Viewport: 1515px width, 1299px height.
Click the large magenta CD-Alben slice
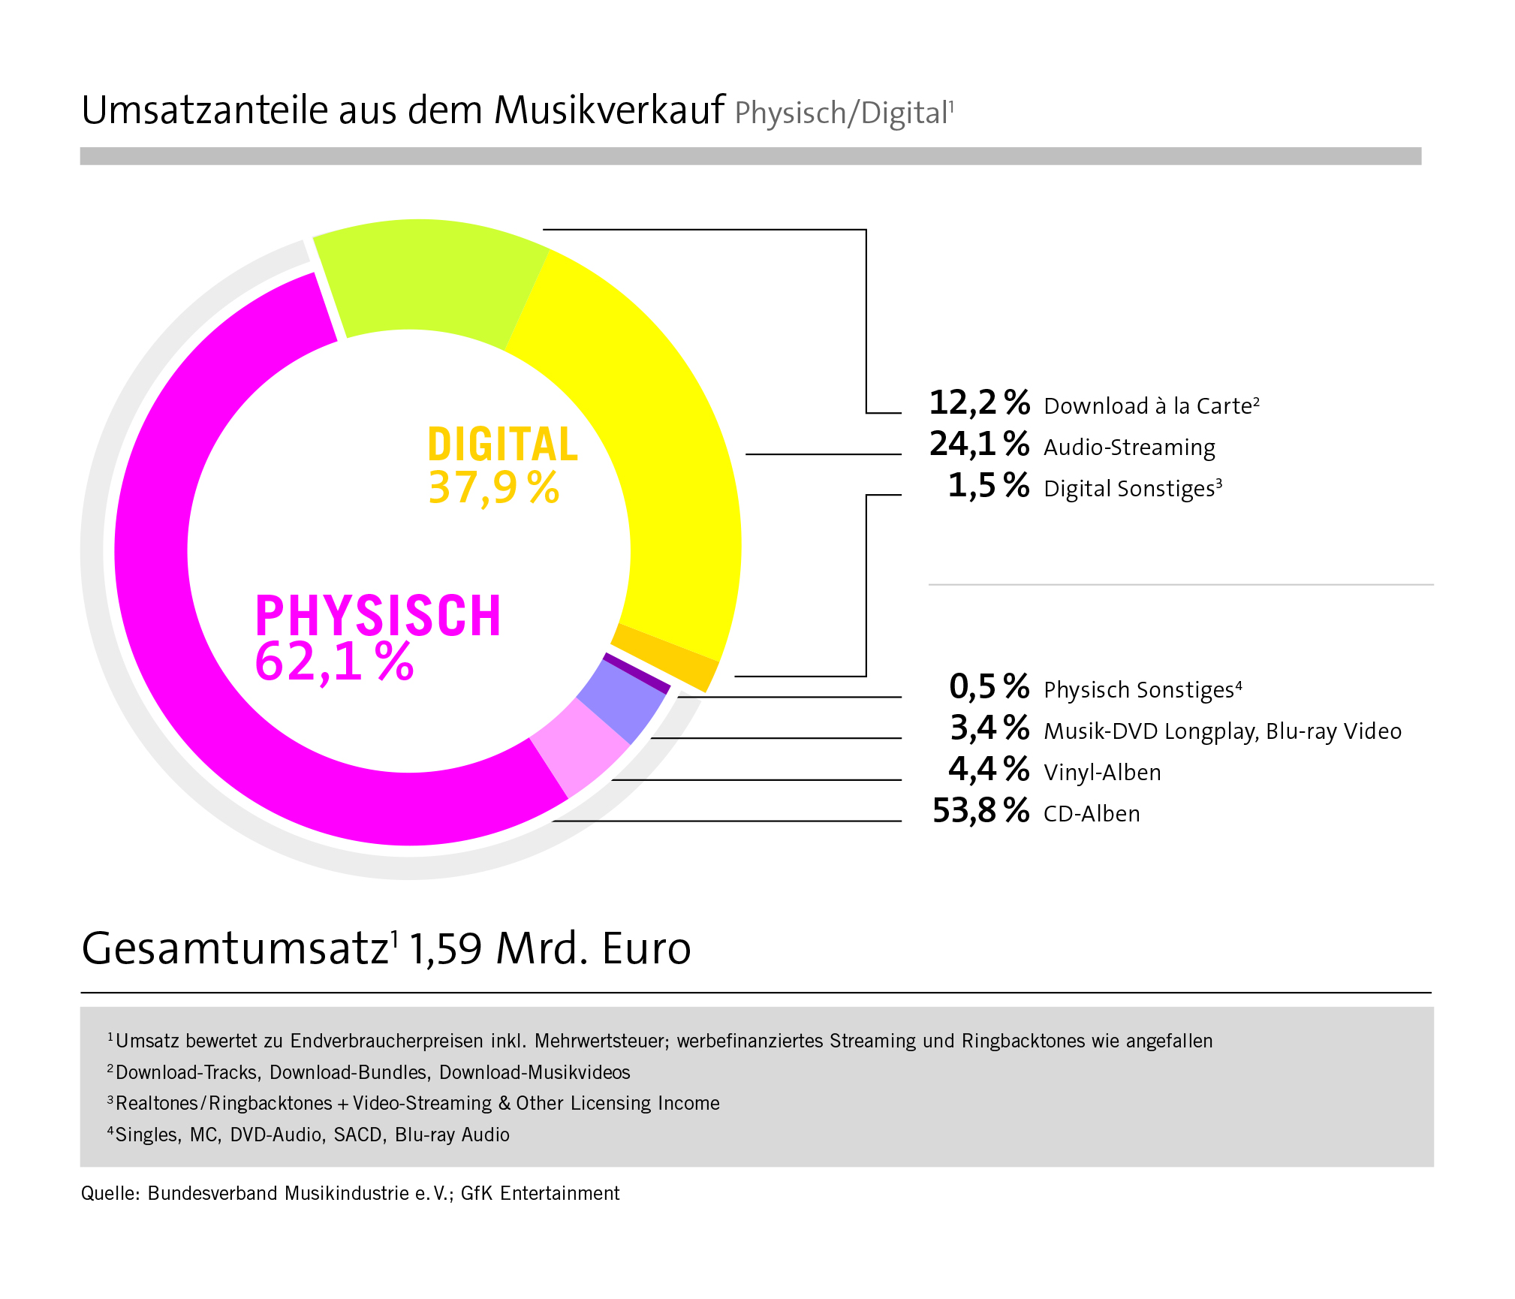click(225, 676)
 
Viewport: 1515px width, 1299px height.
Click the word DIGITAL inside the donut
click(502, 445)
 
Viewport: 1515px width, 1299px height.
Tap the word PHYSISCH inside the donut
click(378, 616)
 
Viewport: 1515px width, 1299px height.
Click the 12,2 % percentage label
click(979, 404)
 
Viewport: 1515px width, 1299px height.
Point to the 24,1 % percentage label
click(979, 445)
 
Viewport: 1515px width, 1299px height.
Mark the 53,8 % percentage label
click(980, 812)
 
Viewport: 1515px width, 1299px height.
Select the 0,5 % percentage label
click(989, 688)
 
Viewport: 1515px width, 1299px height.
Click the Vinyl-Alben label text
click(1102, 773)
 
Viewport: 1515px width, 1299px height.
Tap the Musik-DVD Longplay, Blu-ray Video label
click(1222, 731)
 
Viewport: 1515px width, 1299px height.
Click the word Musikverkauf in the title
click(609, 110)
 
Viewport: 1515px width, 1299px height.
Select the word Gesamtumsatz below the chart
click(235, 948)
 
